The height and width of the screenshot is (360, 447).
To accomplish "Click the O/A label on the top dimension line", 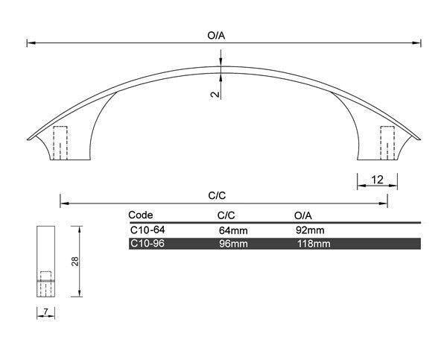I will pos(216,35).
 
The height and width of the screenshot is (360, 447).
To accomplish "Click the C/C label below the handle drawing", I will pos(217,195).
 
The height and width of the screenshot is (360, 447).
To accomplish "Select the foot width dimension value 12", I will pos(377,179).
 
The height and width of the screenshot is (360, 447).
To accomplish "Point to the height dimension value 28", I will pos(75,262).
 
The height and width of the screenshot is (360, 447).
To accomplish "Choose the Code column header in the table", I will pos(141,214).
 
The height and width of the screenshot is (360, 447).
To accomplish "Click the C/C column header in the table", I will pos(216,214).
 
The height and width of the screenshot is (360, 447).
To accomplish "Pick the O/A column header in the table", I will pos(303,214).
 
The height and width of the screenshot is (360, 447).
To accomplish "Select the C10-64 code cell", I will pos(147,230).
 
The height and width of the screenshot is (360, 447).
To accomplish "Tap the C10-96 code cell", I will pos(147,244).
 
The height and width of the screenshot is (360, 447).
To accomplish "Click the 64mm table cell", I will pos(232,230).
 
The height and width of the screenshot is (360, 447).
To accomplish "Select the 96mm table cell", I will pos(232,244).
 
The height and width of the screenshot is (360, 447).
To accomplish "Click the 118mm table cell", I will pos(313,244).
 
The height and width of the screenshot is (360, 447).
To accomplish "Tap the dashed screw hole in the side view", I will pos(46,283).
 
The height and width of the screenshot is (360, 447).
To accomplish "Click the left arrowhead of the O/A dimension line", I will pos(30,43).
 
